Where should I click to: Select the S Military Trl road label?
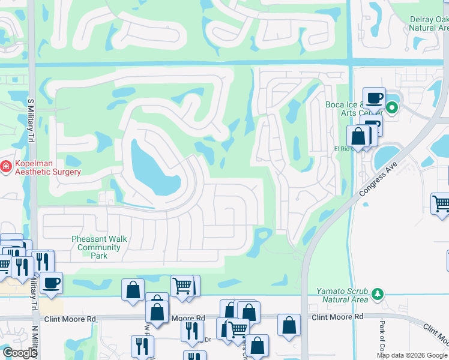pyautogui.click(x=30, y=121)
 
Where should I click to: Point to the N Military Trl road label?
pyautogui.click(x=34, y=343)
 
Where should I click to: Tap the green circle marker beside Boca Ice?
pyautogui.click(x=392, y=109)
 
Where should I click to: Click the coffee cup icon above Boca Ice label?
pyautogui.click(x=373, y=98)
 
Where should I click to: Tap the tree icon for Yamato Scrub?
pyautogui.click(x=378, y=294)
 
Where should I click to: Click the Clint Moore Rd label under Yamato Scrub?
pyautogui.click(x=337, y=316)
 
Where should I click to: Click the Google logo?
pyautogui.click(x=20, y=353)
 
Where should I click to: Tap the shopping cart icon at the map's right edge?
pyautogui.click(x=440, y=203)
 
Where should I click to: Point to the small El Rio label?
pyautogui.click(x=342, y=148)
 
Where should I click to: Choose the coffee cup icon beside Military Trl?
pyautogui.click(x=52, y=283)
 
